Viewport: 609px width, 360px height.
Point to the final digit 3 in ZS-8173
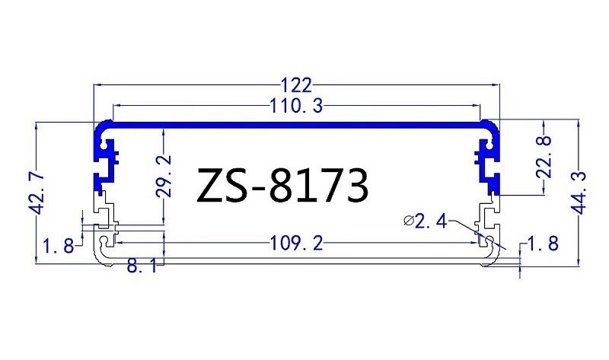click(356, 185)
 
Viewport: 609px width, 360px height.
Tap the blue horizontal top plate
click(297, 123)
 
